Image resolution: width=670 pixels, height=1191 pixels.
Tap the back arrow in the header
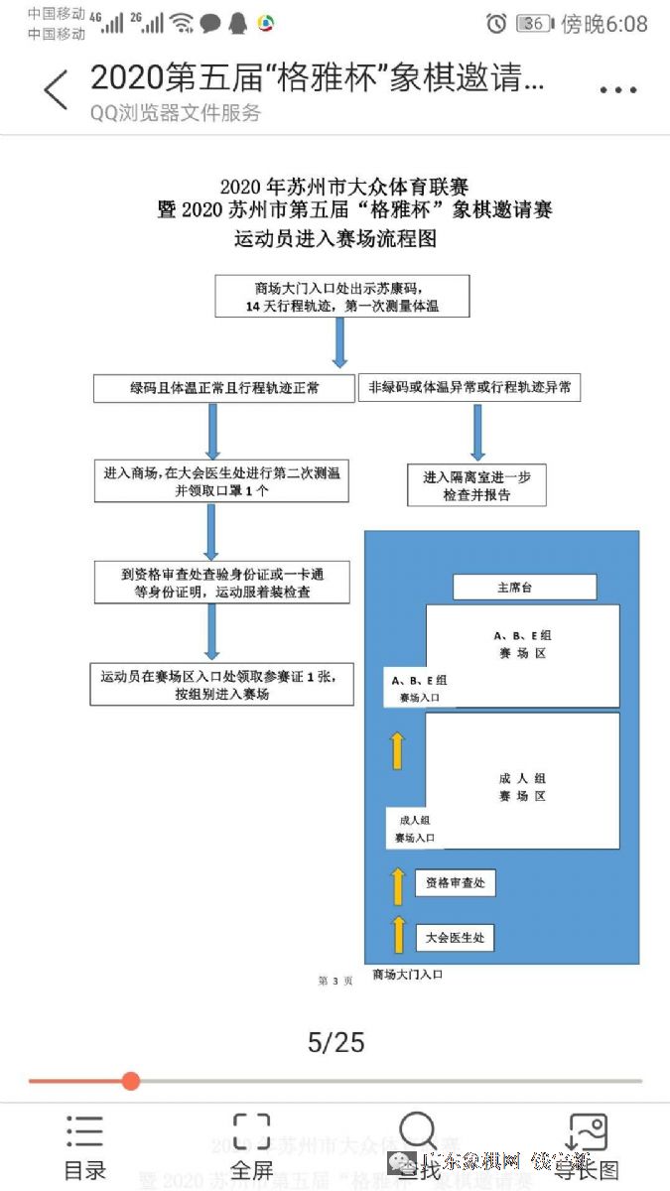[56, 89]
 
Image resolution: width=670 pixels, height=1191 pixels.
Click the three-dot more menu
[617, 90]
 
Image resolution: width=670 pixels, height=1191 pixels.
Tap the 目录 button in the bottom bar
[84, 1148]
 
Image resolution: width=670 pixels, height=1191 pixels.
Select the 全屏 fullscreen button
[251, 1148]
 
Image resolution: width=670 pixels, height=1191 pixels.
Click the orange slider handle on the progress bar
[131, 1081]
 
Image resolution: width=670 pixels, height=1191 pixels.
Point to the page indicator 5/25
[335, 1041]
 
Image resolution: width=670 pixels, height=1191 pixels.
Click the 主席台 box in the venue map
[524, 588]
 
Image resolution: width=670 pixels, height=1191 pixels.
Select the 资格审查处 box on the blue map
[455, 882]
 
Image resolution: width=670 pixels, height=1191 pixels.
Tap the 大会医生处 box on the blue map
[455, 937]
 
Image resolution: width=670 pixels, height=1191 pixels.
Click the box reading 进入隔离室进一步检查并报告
[476, 485]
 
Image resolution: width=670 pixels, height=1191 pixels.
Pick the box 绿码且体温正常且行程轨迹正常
[223, 388]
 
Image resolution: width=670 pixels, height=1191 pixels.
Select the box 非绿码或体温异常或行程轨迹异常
[469, 388]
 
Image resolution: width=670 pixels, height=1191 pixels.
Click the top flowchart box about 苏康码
[341, 297]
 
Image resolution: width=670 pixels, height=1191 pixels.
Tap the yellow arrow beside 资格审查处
[398, 885]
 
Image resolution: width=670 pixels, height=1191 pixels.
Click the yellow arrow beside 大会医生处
[398, 936]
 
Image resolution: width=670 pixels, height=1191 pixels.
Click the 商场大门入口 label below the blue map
[407, 975]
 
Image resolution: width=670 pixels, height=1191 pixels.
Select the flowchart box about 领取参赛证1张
[221, 685]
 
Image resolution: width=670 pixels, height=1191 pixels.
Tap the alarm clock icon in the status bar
[496, 23]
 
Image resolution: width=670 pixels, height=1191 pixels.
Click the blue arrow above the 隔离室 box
[477, 432]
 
